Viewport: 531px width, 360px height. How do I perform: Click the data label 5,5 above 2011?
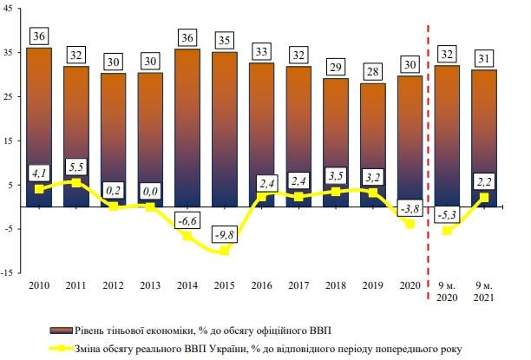click(76, 165)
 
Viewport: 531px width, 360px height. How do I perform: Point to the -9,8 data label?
click(223, 233)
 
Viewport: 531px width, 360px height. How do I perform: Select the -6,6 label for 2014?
click(187, 219)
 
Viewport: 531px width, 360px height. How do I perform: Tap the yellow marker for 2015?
click(224, 251)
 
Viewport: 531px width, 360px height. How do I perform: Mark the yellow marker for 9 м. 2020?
click(448, 231)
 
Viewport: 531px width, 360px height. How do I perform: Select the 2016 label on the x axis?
click(260, 284)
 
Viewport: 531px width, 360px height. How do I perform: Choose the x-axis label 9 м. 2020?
click(448, 290)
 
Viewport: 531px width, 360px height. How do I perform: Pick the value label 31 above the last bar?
click(484, 57)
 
